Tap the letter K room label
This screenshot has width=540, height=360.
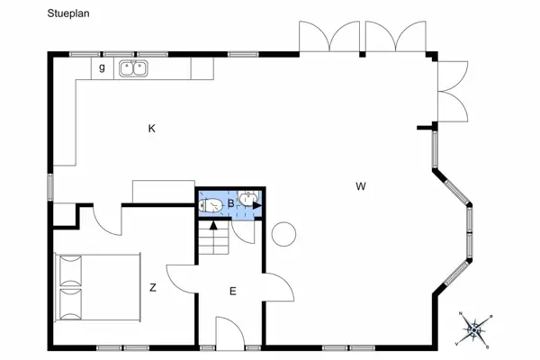[152, 129]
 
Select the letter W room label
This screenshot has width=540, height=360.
[360, 187]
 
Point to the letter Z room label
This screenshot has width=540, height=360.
[153, 288]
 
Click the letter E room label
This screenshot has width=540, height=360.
[232, 291]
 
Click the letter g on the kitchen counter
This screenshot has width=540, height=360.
[102, 67]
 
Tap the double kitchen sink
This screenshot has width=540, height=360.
[134, 67]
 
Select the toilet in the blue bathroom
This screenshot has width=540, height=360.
[211, 206]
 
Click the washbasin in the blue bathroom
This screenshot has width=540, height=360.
[250, 198]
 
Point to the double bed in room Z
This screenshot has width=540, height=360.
[98, 286]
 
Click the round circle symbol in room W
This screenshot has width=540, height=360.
[284, 234]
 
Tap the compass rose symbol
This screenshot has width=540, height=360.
[475, 329]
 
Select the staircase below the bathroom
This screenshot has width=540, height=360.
[214, 238]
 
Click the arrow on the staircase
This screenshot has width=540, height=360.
[213, 225]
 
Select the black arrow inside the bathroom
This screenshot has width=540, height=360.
[256, 206]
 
